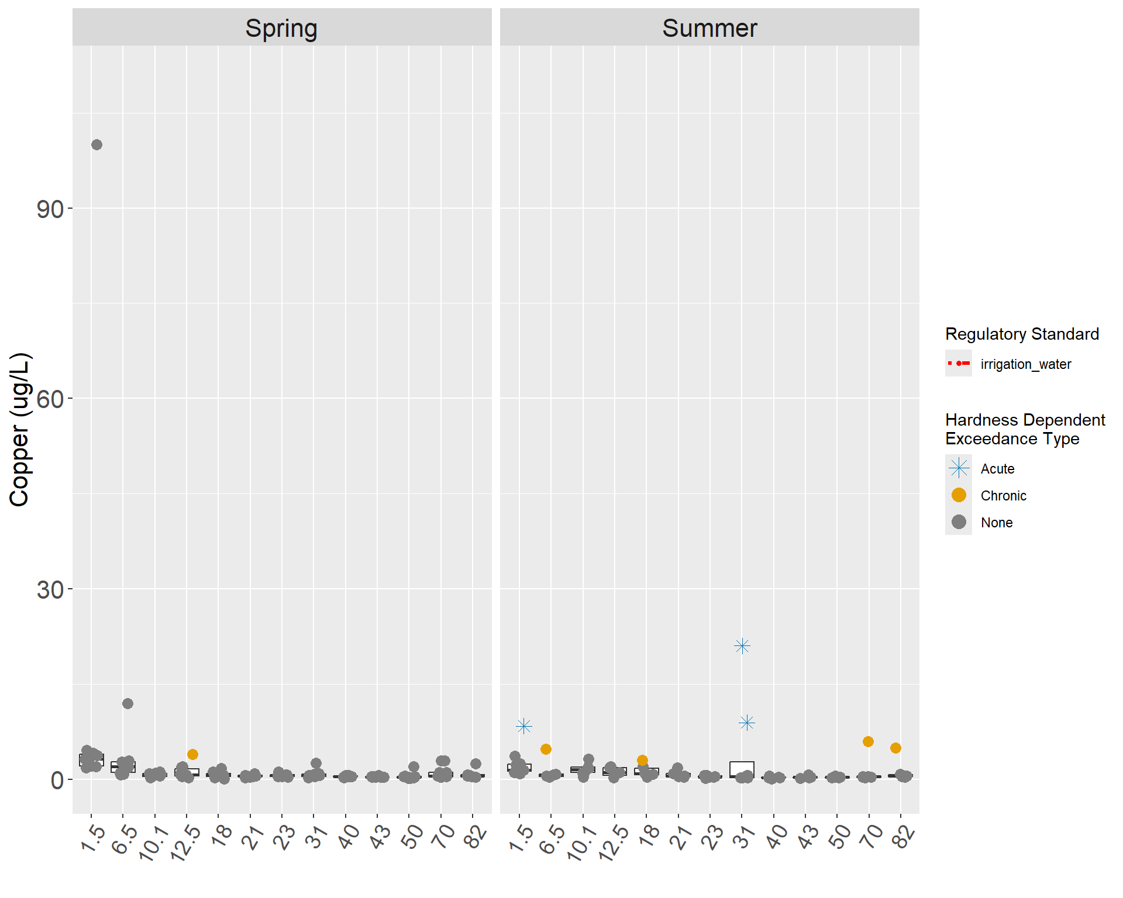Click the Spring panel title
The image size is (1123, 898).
coord(281,28)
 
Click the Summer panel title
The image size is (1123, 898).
coord(709,28)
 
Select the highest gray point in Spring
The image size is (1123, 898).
coord(97,144)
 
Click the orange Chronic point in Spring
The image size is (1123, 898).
coord(192,754)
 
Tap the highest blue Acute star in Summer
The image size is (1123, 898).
coord(742,646)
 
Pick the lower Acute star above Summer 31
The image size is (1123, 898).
coord(747,723)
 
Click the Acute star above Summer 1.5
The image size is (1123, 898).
coord(523,726)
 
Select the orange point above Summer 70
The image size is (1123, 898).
coord(868,741)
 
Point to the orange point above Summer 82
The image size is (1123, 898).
coord(895,748)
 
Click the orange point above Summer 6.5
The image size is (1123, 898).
coord(546,749)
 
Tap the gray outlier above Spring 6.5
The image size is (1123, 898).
coord(128,703)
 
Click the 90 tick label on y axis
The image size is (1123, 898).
coord(50,209)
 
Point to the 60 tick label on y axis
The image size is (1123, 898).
coord(50,399)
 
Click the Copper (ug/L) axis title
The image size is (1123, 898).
coord(19,430)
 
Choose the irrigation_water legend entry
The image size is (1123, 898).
coord(1025,364)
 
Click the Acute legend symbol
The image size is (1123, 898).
coord(959,468)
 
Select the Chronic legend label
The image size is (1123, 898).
coord(1003,496)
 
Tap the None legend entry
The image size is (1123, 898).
coord(996,523)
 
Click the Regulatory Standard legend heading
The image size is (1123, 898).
coord(1022,334)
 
